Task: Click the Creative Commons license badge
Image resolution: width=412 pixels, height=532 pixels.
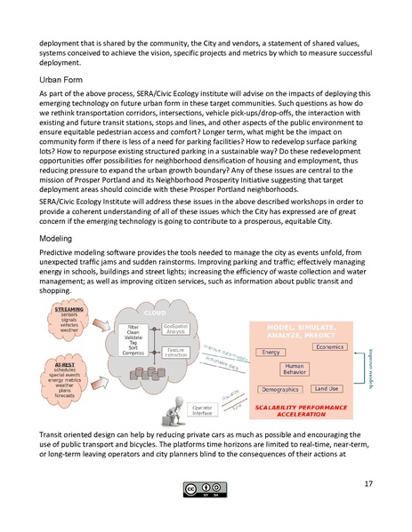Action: click(206, 488)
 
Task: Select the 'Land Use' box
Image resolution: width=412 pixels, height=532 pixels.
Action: click(327, 388)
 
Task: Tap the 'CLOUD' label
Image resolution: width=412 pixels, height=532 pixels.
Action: click(157, 314)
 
